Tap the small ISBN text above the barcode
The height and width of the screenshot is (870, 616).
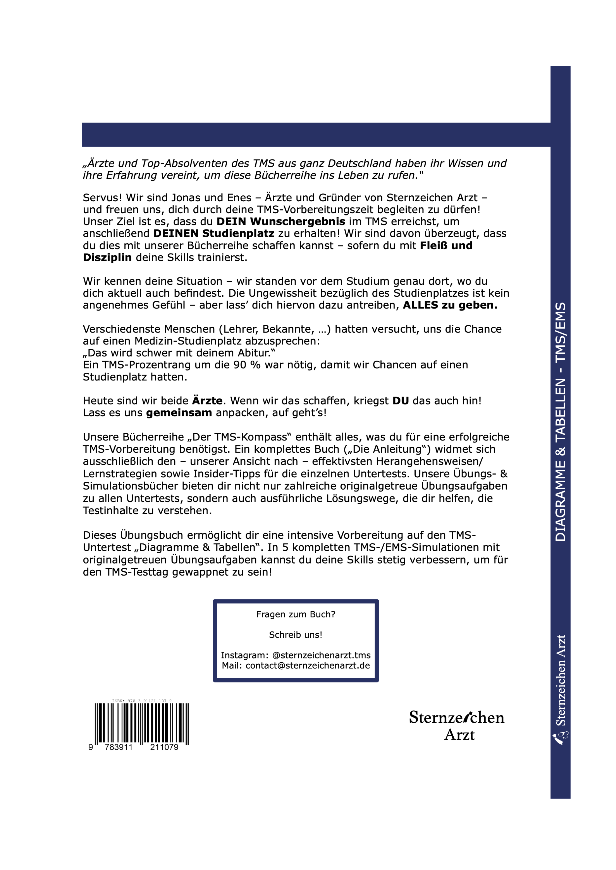(x=142, y=701)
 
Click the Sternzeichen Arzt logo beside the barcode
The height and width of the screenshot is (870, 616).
(x=457, y=725)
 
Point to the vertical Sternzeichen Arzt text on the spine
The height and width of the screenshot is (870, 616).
(x=561, y=681)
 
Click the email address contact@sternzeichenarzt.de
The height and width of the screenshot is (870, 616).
(x=308, y=666)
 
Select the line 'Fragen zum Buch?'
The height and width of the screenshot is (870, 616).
(x=295, y=614)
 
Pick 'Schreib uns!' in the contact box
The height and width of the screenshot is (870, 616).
(x=295, y=635)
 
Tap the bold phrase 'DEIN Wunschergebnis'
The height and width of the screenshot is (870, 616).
(x=281, y=222)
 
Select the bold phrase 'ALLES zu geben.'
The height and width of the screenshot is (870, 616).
(x=450, y=305)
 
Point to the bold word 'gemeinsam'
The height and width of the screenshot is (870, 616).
(x=179, y=413)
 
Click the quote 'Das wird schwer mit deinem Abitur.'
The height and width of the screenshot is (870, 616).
(x=179, y=353)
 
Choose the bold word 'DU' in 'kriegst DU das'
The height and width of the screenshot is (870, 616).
(x=400, y=401)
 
